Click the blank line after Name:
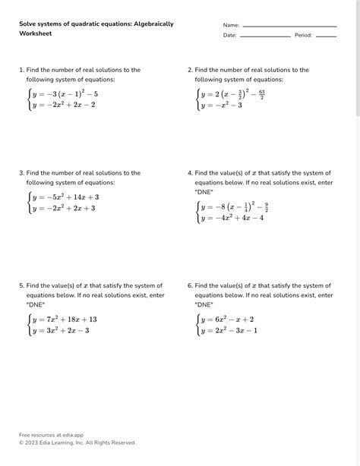(289, 27)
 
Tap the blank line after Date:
(265, 36)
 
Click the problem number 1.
(21, 70)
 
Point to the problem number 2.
(190, 70)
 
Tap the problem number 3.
(21, 173)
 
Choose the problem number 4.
(190, 173)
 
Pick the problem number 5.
(21, 285)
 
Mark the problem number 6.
(190, 285)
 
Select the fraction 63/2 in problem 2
(261, 94)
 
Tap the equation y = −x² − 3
(221, 105)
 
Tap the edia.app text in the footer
(69, 435)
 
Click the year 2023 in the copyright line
(32, 442)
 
